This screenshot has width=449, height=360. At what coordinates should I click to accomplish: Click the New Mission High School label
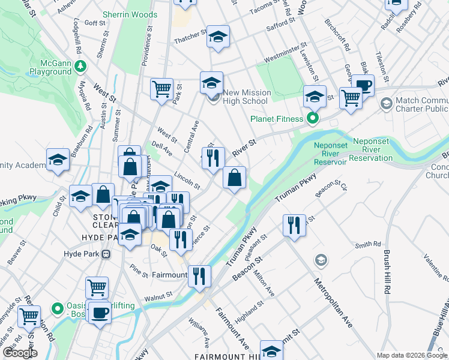pos(246,97)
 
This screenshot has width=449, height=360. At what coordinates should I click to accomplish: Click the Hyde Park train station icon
pos(106,254)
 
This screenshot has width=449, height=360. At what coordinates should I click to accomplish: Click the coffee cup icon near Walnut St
pos(100,312)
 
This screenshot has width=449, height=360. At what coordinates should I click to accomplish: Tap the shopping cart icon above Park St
pos(161,89)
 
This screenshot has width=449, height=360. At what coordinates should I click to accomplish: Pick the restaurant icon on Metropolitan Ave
pos(294,225)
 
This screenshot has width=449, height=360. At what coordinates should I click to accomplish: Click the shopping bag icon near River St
pos(234,177)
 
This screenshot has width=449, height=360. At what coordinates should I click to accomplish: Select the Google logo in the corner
pos(19,353)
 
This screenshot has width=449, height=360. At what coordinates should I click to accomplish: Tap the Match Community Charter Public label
pos(423,104)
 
